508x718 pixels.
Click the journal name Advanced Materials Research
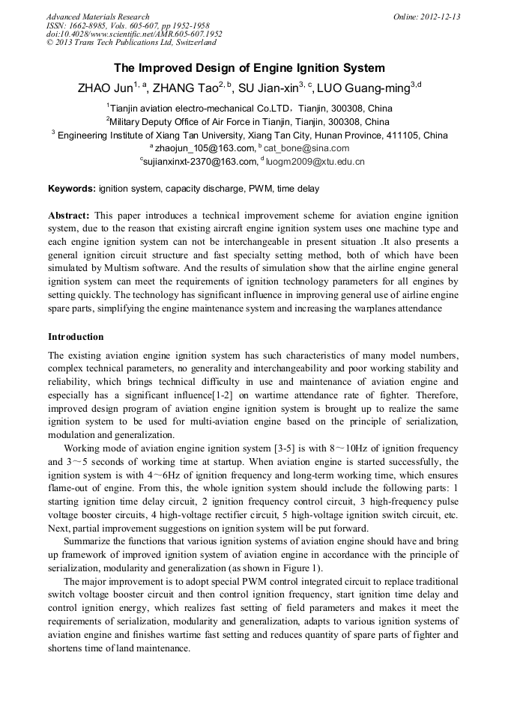[97, 16]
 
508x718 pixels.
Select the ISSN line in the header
[124, 25]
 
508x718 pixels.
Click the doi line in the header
[134, 34]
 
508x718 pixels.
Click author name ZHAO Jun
[104, 88]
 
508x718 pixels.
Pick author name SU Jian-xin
[269, 88]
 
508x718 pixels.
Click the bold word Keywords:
[71, 189]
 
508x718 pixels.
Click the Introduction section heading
[76, 337]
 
